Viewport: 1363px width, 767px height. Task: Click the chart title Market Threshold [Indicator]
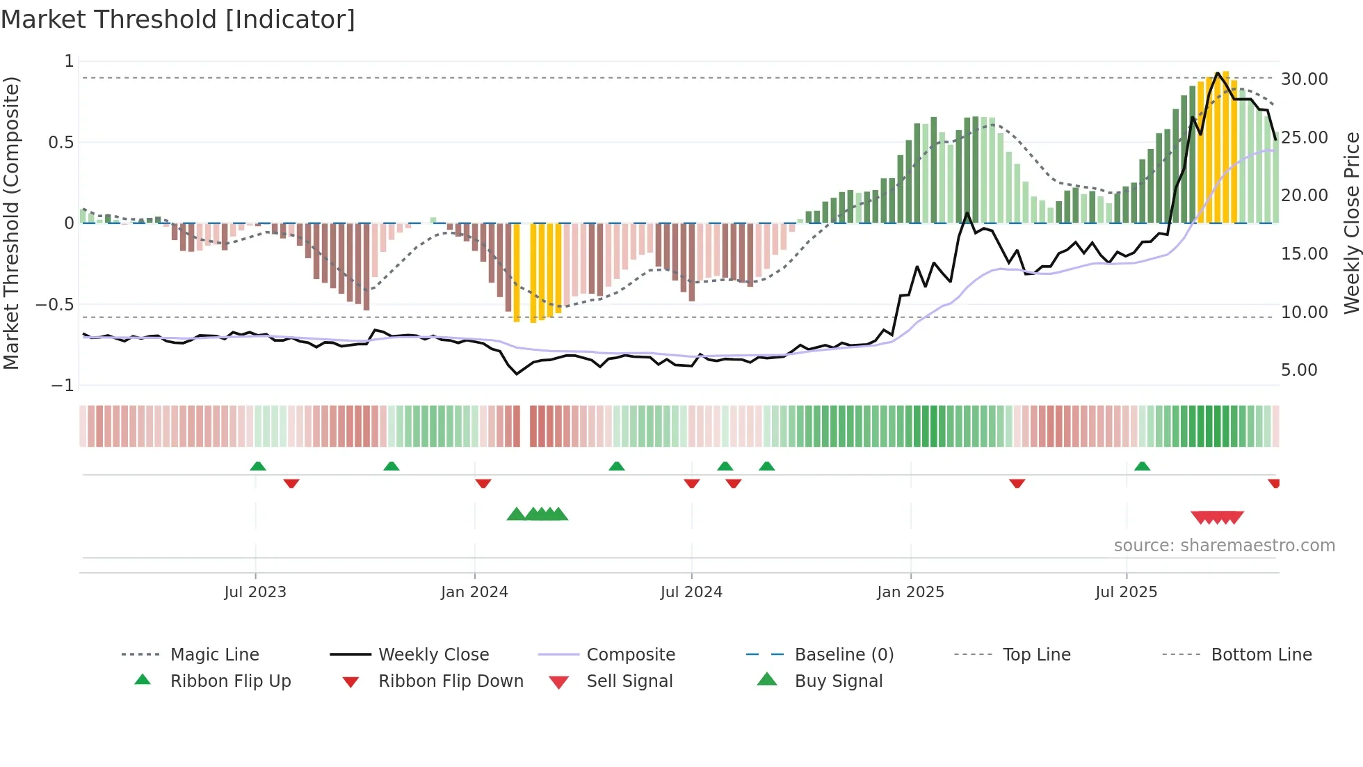(178, 19)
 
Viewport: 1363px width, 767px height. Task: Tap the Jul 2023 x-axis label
(255, 592)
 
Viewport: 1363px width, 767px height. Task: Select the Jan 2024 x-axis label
(474, 592)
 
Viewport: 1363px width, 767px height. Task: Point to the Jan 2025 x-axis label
(910, 592)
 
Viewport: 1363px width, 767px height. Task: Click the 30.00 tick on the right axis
(1304, 79)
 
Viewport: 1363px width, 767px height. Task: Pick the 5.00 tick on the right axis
(1299, 370)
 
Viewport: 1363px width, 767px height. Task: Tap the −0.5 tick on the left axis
(55, 305)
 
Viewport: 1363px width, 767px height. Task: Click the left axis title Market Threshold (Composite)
(11, 223)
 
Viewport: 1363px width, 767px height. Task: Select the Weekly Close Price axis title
(1351, 223)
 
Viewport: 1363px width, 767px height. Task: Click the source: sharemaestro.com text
(1224, 546)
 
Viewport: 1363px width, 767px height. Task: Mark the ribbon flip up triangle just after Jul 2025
(1142, 466)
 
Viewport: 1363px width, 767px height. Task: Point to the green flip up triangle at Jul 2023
(258, 466)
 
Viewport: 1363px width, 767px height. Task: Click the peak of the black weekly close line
(1218, 73)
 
